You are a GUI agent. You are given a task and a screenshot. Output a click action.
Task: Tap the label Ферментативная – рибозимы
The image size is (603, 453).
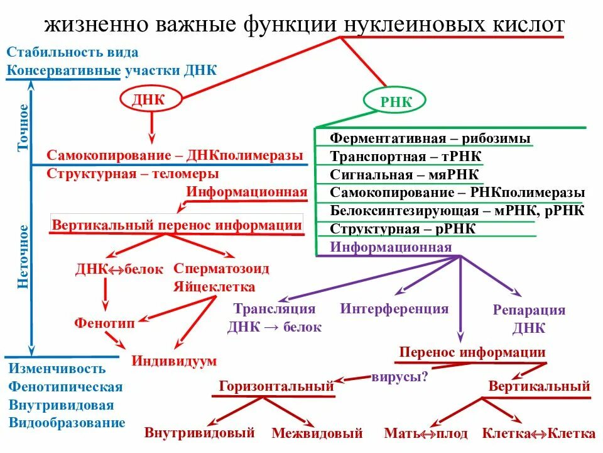(430, 138)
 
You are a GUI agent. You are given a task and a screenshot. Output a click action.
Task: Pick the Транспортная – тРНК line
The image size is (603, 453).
(408, 157)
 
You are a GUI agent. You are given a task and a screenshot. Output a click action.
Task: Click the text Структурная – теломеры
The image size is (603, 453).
(133, 173)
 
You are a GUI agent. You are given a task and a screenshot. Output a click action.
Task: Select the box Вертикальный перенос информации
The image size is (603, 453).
(177, 225)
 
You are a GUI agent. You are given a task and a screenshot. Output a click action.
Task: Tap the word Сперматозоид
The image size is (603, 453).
(221, 269)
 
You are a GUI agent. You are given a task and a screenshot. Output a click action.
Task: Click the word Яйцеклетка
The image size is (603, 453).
(214, 287)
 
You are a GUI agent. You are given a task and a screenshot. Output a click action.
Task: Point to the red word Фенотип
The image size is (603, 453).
(104, 322)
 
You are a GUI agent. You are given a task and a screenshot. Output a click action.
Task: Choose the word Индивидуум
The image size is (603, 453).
(174, 361)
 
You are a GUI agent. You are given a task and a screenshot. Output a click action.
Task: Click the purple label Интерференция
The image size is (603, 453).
(394, 308)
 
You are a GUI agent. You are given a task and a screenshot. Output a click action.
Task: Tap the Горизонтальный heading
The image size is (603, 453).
(276, 386)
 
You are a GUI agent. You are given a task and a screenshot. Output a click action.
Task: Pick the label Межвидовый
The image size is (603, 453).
(317, 433)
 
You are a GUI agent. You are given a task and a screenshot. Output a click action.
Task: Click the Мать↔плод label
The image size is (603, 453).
(426, 433)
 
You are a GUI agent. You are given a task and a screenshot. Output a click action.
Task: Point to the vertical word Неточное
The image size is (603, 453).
(23, 256)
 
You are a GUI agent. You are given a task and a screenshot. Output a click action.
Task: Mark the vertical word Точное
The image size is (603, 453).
(23, 127)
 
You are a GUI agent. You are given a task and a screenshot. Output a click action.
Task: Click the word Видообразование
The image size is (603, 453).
(67, 423)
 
